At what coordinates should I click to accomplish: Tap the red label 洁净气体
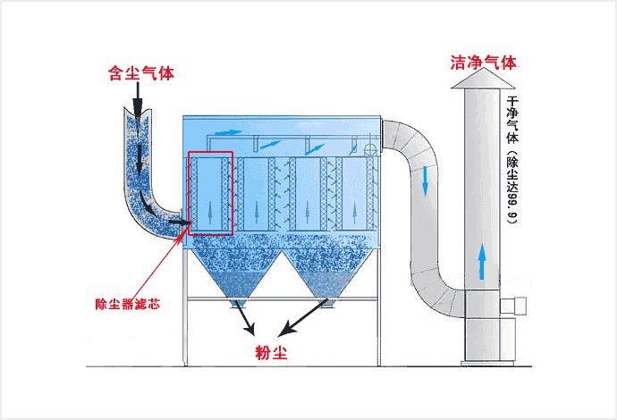click(484, 63)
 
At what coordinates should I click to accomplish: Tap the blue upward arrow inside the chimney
click(482, 260)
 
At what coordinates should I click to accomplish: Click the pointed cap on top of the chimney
click(484, 81)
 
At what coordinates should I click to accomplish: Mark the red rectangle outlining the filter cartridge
click(211, 193)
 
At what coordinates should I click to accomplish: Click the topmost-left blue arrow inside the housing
click(230, 133)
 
